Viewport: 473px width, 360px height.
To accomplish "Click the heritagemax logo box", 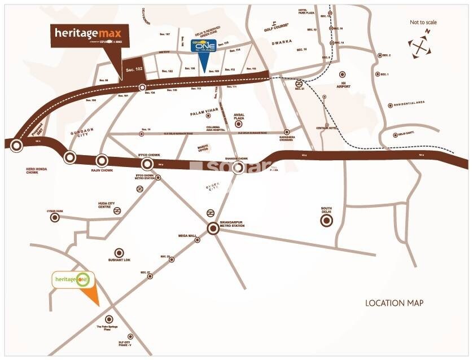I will click(90, 35).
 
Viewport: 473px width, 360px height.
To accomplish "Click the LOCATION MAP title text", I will click(394, 303).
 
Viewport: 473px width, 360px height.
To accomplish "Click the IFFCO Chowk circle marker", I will click(147, 164).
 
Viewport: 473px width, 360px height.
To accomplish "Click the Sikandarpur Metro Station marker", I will click(213, 229).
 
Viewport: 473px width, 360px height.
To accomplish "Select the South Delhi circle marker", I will click(326, 221).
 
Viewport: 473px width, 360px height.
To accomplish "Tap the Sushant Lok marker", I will click(119, 253).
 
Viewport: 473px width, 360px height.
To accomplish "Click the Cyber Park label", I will click(55, 211).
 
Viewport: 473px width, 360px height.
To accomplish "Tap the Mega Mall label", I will click(186, 236).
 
